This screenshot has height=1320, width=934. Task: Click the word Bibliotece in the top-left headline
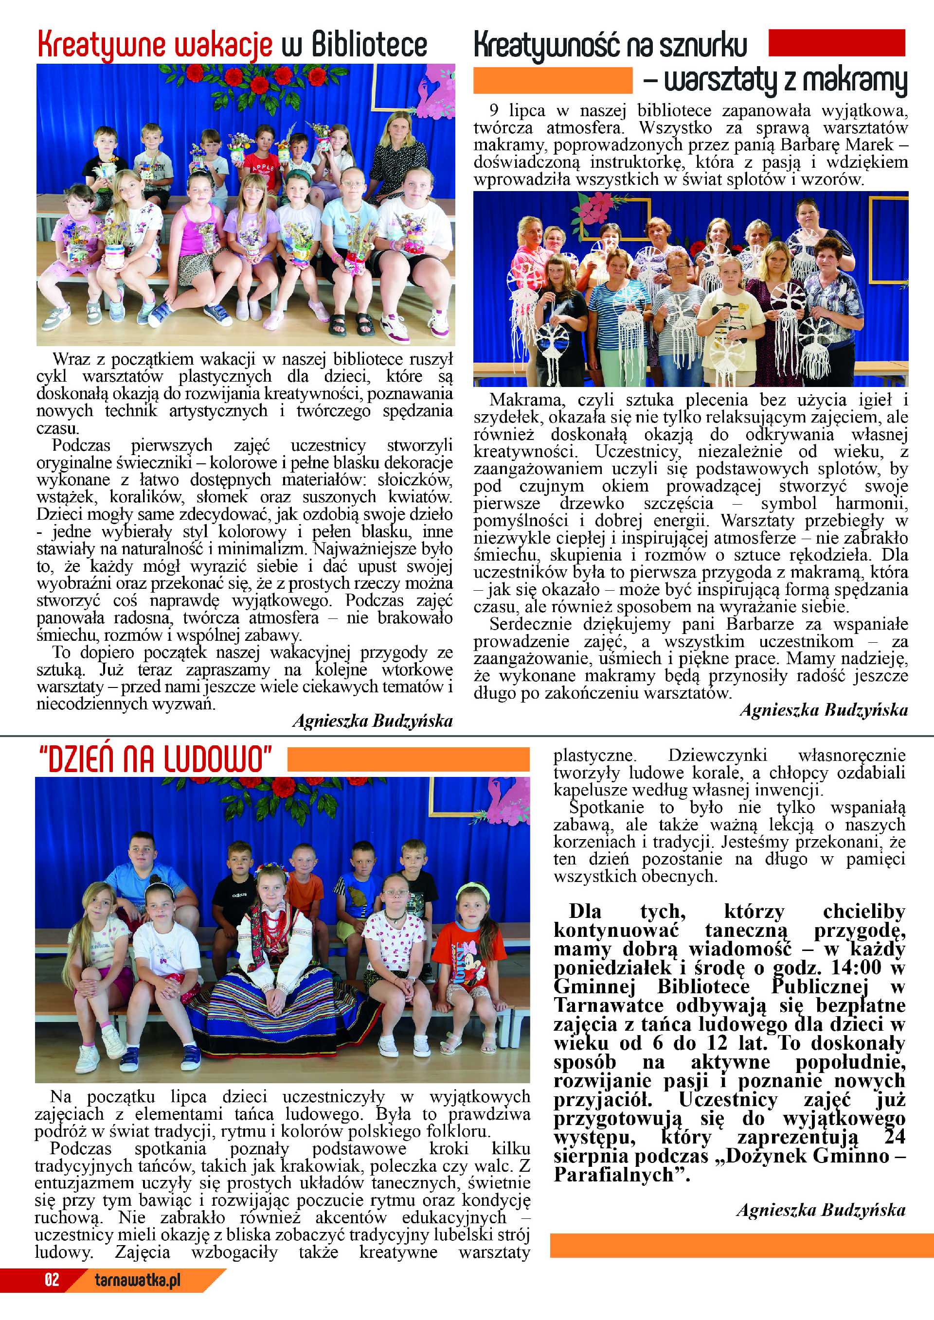[369, 45]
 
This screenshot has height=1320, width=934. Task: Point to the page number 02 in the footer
[52, 1279]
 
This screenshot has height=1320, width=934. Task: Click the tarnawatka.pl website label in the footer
[138, 1279]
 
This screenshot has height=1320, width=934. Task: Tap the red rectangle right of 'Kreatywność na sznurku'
[836, 43]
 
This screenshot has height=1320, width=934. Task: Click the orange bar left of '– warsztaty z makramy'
[552, 81]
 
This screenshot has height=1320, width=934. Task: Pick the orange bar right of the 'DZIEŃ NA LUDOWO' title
[408, 759]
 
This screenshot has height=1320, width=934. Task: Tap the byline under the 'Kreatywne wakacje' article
[372, 721]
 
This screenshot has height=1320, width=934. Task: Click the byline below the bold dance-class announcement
[821, 1210]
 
